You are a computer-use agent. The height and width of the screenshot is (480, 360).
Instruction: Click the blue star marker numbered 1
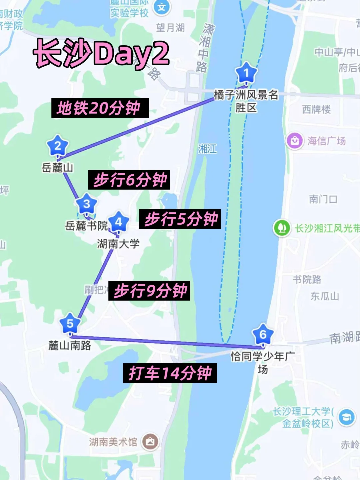(246, 73)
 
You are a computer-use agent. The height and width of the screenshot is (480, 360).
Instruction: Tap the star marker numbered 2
(58, 146)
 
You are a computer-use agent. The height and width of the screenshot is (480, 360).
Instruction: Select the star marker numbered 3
(86, 204)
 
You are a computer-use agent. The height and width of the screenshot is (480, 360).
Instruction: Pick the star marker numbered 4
(118, 222)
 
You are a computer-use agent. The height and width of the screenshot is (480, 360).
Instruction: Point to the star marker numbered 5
(70, 323)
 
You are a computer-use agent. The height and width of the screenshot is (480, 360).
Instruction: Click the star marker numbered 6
(263, 334)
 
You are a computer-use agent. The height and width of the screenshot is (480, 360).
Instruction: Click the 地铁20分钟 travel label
(100, 108)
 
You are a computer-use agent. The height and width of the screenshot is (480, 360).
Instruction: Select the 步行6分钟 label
(129, 180)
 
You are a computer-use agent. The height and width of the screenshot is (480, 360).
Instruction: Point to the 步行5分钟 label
(180, 219)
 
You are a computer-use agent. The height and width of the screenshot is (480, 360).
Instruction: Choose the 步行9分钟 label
(149, 291)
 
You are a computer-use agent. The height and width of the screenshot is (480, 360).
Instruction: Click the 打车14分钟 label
(170, 373)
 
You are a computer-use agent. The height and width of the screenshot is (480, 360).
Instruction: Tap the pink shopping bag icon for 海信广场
(295, 141)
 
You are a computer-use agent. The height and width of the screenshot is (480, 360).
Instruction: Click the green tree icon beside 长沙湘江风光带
(282, 228)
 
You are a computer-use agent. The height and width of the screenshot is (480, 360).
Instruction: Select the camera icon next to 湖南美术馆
(150, 442)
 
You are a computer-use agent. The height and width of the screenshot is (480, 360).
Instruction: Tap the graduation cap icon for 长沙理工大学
(347, 417)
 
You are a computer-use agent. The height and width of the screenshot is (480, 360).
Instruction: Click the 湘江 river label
(207, 149)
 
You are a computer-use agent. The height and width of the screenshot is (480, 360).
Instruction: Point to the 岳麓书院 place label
(86, 226)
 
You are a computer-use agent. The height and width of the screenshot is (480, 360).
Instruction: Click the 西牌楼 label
(316, 109)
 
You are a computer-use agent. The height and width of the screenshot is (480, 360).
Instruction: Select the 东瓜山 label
(324, 296)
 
